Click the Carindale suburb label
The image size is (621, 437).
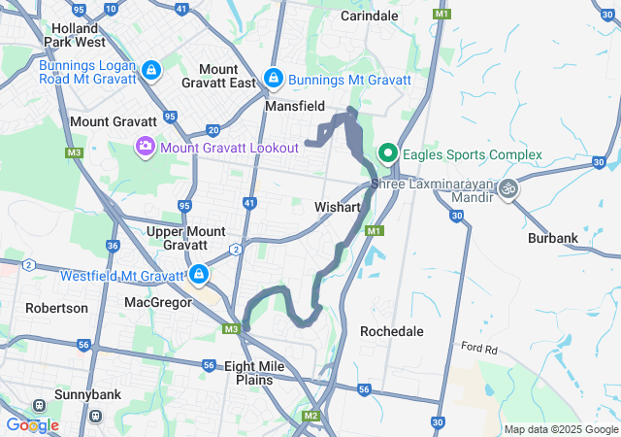tap(370, 17)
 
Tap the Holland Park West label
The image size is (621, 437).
tap(73, 36)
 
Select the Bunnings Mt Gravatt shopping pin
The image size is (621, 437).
tap(274, 77)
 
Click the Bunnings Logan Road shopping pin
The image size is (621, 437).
tap(152, 70)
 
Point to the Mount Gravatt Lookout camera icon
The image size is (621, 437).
tap(145, 147)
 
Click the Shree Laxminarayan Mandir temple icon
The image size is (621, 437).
tap(508, 187)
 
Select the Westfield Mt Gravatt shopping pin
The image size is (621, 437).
tap(199, 275)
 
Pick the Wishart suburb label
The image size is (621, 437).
tap(338, 208)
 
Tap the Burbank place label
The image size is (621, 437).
tap(553, 238)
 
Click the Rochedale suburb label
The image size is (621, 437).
tap(392, 331)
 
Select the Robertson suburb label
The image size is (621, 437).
tap(56, 308)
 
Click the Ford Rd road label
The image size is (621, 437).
tap(479, 348)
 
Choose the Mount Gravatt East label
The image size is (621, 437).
tap(218, 77)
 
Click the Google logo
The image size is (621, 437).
tap(31, 425)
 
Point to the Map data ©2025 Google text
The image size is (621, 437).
tap(561, 429)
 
